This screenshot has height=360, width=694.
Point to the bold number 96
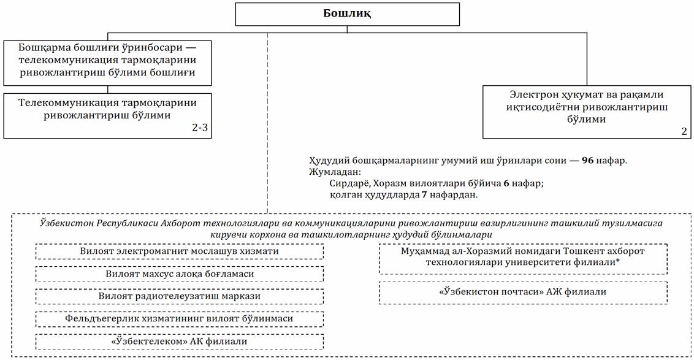[x=588, y=161]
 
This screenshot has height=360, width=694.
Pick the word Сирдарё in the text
[x=347, y=183]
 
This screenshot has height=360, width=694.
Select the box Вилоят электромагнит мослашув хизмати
[x=179, y=251]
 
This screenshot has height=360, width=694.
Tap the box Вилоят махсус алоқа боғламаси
[x=179, y=274]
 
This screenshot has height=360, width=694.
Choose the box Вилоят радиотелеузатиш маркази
[x=179, y=296]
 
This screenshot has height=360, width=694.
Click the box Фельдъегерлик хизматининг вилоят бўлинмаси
[x=179, y=319]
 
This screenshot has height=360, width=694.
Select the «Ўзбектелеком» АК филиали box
[x=179, y=341]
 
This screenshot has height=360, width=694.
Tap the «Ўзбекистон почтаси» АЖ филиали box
[x=523, y=292]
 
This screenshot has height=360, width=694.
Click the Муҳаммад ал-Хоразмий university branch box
[x=523, y=258]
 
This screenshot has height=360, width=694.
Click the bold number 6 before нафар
[x=506, y=183]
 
